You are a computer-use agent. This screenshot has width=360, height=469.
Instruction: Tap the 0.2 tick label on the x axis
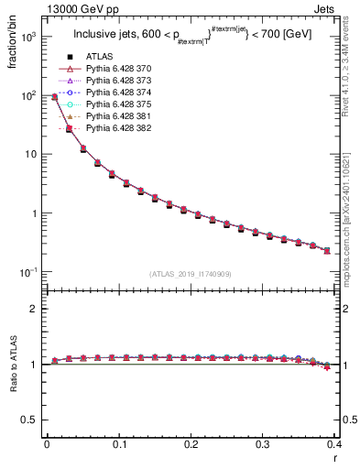tap(191, 445)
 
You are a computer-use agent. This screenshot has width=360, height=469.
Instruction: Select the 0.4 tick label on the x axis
tap(334, 445)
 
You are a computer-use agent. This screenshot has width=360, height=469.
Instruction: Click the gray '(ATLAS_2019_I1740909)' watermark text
tap(191, 274)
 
